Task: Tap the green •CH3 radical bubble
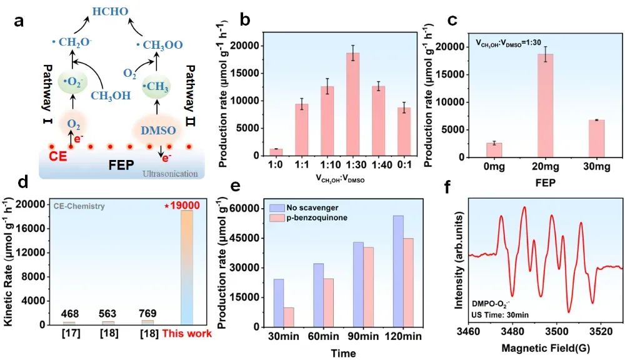coord(156,85)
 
